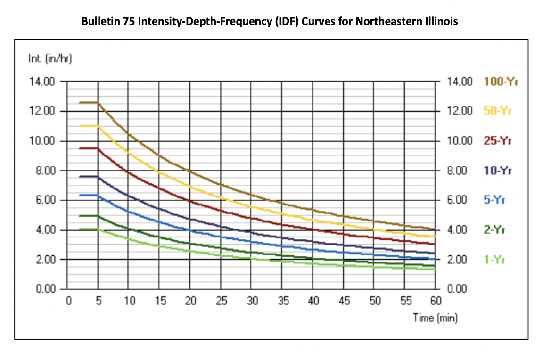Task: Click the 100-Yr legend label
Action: coord(501,82)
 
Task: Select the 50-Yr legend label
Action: coord(498,111)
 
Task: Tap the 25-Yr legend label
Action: coord(498,141)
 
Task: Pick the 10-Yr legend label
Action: coord(498,171)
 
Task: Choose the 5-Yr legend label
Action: coord(494,200)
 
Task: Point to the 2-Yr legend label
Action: coord(494,230)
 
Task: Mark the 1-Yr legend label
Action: coord(494,260)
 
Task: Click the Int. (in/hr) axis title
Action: coord(49,59)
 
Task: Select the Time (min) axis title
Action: coord(435,318)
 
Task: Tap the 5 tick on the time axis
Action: coord(99,301)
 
